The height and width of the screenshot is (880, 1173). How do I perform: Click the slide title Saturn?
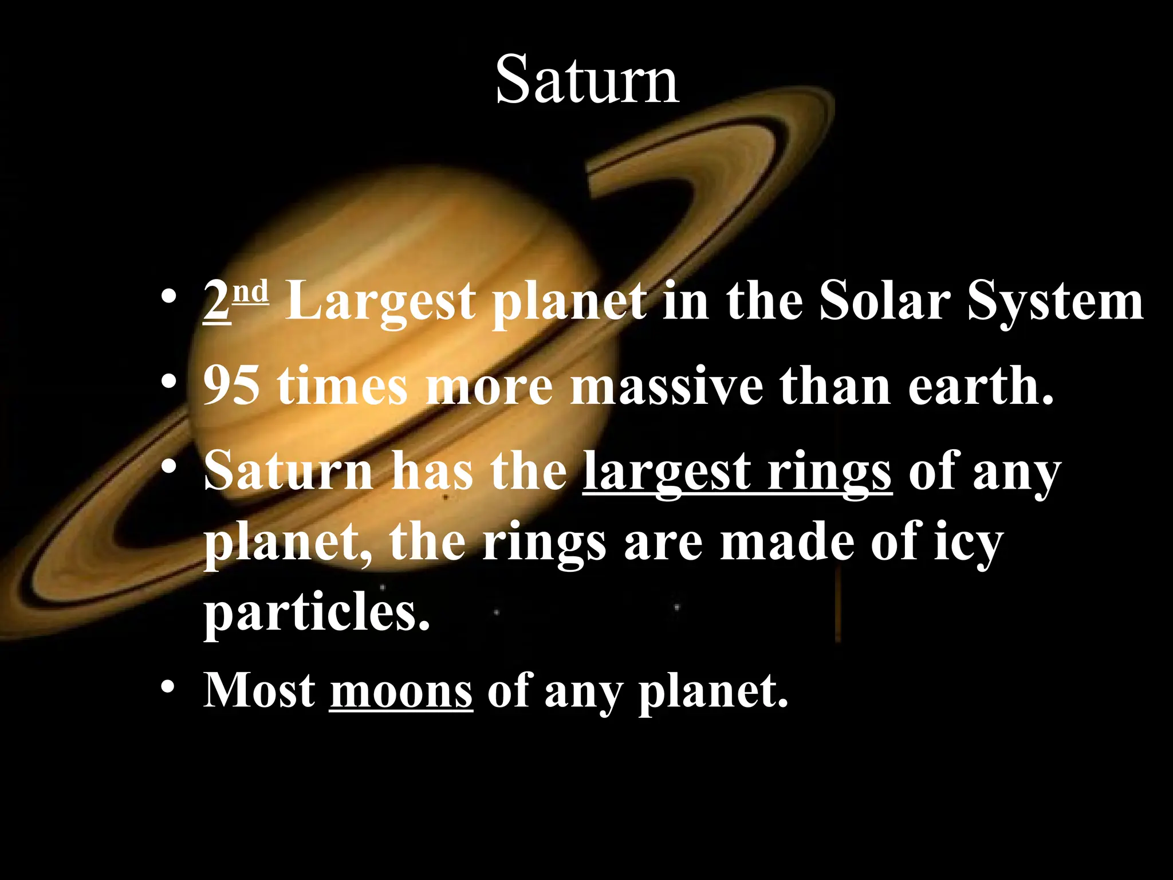tap(587, 80)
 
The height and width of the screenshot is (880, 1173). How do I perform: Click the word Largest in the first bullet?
tap(380, 304)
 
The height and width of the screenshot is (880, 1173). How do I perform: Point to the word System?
tap(1055, 304)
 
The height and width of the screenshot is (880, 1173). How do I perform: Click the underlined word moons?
tap(401, 691)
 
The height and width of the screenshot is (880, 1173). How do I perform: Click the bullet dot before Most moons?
tap(167, 686)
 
